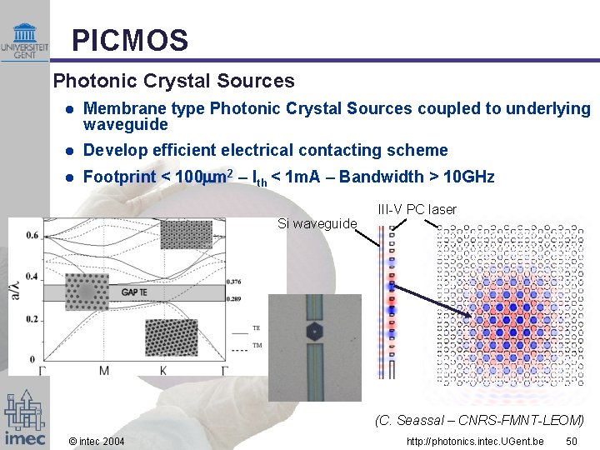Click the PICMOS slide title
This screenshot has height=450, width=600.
pyautogui.click(x=129, y=39)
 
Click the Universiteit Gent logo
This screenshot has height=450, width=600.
pyautogui.click(x=24, y=39)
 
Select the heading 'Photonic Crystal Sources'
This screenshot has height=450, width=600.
pyautogui.click(x=173, y=81)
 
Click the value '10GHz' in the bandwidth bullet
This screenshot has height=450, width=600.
pyautogui.click(x=470, y=177)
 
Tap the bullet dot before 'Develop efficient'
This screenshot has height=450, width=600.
pyautogui.click(x=71, y=151)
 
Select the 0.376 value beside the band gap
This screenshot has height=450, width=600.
pyautogui.click(x=234, y=282)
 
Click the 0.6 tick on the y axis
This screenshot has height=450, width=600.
pyautogui.click(x=31, y=236)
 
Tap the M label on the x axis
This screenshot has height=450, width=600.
pyautogui.click(x=103, y=370)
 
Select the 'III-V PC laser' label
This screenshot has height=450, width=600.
pyautogui.click(x=417, y=209)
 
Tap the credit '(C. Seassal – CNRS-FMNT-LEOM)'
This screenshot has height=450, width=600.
pyautogui.click(x=479, y=420)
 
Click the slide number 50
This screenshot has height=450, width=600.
pyautogui.click(x=572, y=440)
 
